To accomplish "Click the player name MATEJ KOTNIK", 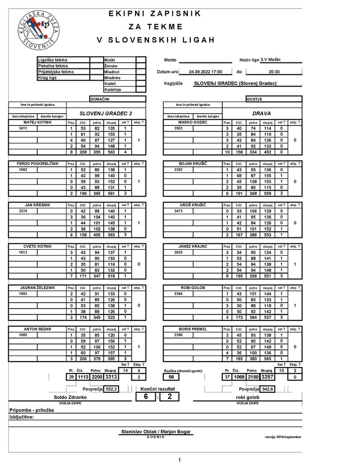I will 38,122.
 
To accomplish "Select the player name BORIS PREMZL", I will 192,329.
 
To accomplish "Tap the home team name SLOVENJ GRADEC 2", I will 106,113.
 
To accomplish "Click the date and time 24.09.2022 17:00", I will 205,72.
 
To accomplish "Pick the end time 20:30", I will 274,72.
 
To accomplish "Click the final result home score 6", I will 146,396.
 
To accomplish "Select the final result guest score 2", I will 169,396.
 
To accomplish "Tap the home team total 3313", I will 111,377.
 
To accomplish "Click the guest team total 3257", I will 267,377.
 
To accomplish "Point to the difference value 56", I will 171,377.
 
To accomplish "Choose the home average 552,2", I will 111,389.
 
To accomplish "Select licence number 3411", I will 23,128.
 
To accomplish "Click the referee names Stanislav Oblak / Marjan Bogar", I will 156,432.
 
